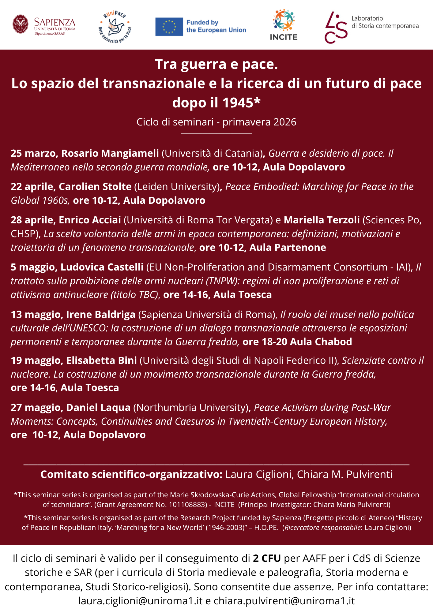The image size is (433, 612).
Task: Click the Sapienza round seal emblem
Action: coord(21,24)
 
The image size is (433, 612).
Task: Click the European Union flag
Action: coord(169,27)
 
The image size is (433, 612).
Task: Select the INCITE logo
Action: coord(284,25)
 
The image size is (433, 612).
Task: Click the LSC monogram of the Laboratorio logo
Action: coord(336,28)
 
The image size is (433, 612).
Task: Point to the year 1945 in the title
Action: coord(238,103)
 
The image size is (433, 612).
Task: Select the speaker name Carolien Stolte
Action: coord(95,186)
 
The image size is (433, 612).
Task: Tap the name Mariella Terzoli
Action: coord(322,220)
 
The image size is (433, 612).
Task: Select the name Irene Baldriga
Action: coord(101,314)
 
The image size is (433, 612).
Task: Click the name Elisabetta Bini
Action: coord(101,360)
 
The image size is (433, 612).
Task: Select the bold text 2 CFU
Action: coord(267,558)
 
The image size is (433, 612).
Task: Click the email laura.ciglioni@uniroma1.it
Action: coord(140,601)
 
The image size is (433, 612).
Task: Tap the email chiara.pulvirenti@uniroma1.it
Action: coord(284,601)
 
